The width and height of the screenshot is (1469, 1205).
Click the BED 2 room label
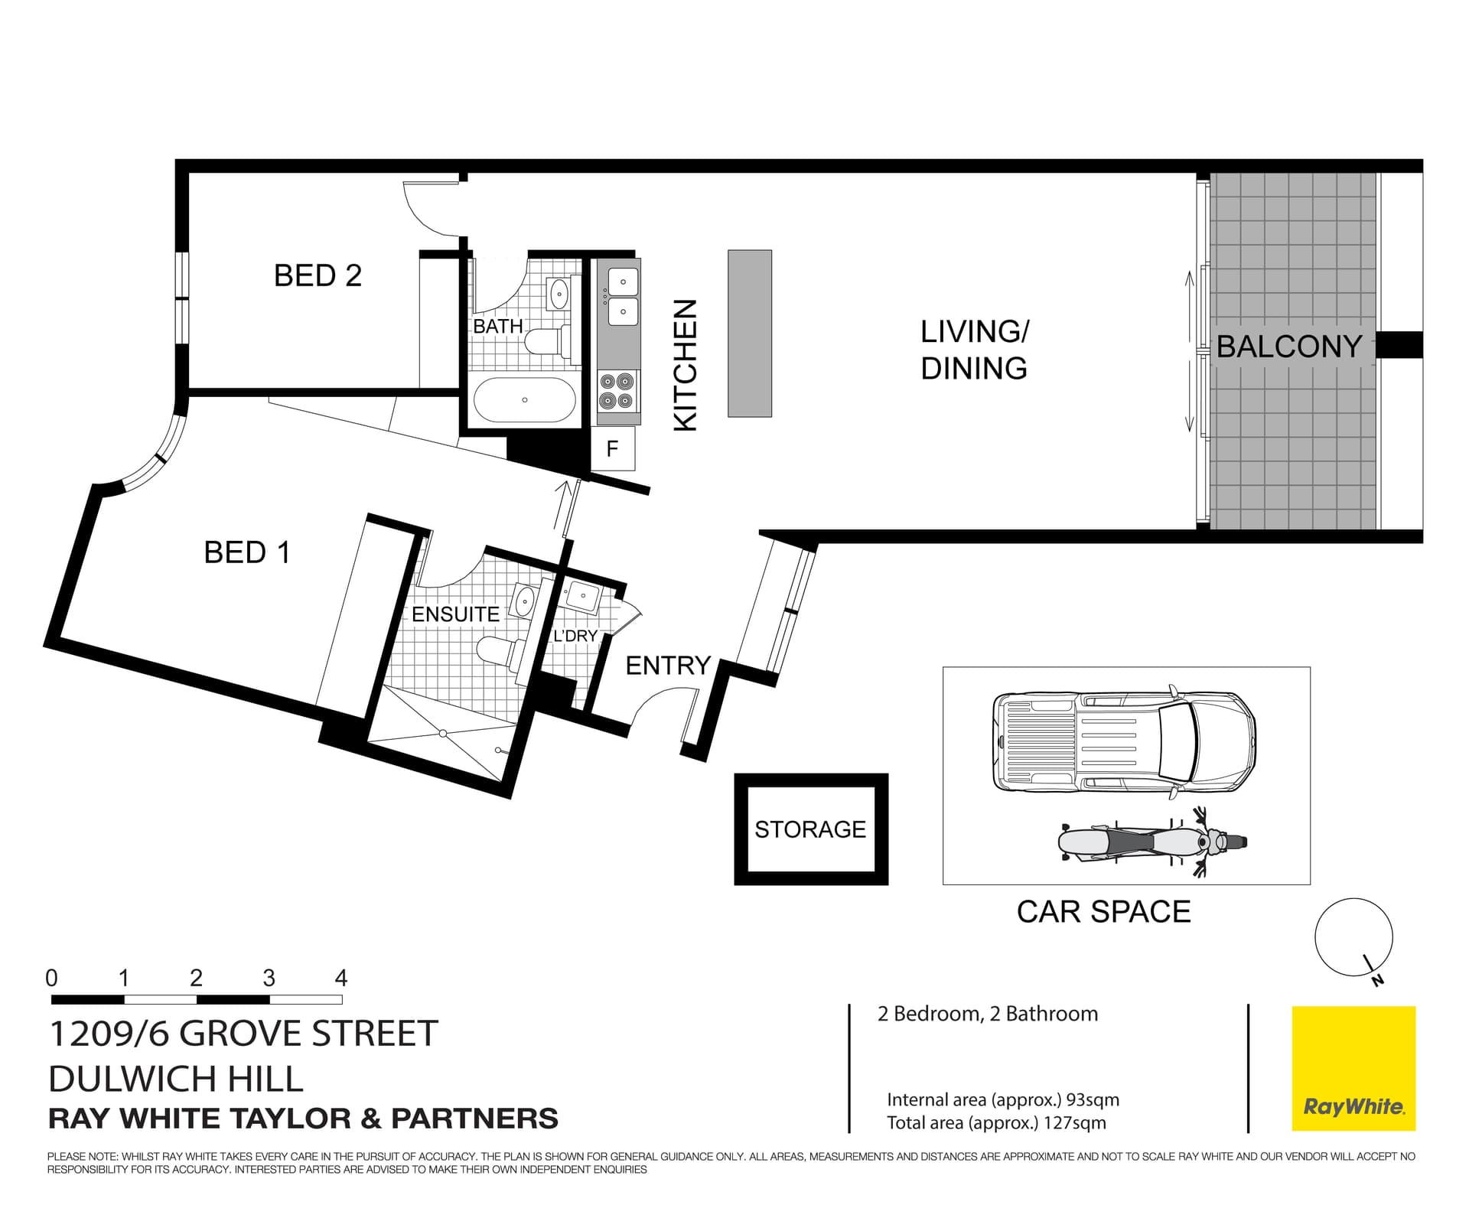(x=318, y=275)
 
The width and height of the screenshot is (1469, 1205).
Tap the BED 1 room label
(x=246, y=552)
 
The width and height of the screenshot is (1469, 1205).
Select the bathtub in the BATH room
(x=524, y=399)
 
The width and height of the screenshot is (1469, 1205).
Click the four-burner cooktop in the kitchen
(x=617, y=390)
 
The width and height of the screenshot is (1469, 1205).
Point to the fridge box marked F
(x=612, y=448)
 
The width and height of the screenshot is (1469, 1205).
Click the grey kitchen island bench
(x=749, y=333)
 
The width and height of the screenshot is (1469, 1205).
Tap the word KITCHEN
(x=685, y=365)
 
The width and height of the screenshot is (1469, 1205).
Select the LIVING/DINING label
(x=974, y=350)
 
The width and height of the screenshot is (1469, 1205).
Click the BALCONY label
(x=1288, y=347)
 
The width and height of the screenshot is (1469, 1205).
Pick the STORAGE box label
(x=810, y=829)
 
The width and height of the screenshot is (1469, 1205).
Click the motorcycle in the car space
(x=1151, y=842)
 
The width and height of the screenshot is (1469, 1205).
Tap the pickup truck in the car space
(x=1123, y=742)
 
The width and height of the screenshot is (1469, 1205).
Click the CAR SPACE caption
(x=1103, y=911)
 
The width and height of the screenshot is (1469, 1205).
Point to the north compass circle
(x=1353, y=937)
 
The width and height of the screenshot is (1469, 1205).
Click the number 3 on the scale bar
(x=269, y=978)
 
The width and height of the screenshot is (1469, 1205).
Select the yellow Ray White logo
(x=1353, y=1068)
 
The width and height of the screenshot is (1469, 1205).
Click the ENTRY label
(x=667, y=666)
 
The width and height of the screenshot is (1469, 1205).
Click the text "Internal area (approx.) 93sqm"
(x=1002, y=1099)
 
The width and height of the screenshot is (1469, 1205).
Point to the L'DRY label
(x=575, y=635)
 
